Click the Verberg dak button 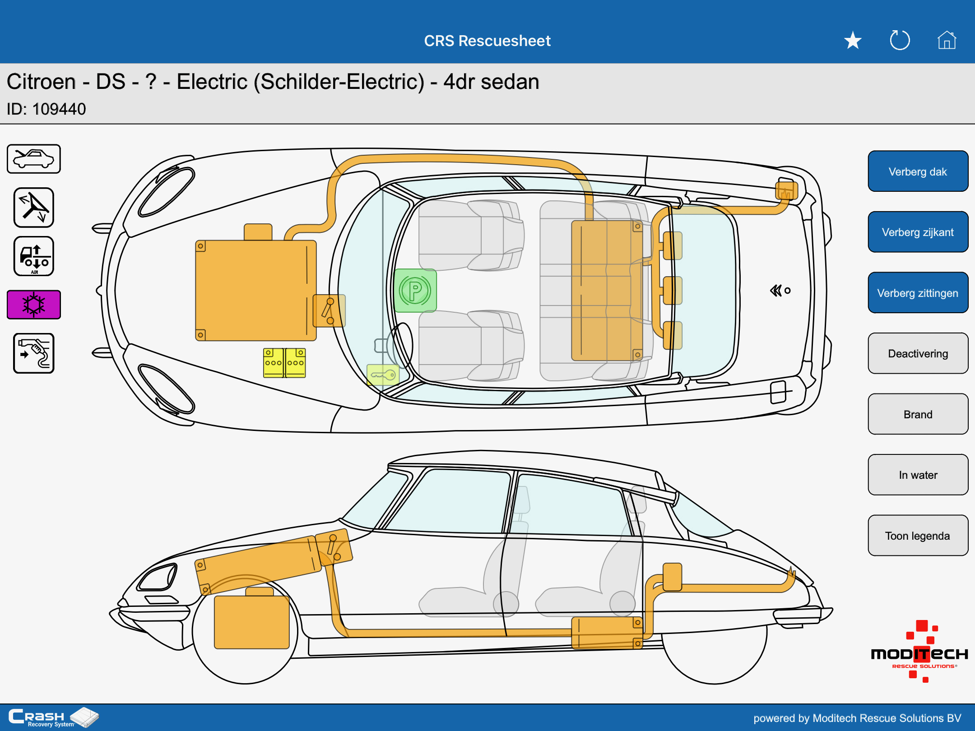pos(918,171)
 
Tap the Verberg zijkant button pos(918,232)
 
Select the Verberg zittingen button pos(918,293)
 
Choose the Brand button pos(918,414)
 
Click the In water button pos(918,475)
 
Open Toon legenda pos(918,536)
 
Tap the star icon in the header pos(853,41)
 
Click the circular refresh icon pos(900,40)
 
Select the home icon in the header pos(947,40)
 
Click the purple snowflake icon pos(34,305)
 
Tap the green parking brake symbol pos(415,291)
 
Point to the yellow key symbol pos(383,375)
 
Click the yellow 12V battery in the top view pos(284,363)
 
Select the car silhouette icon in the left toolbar pos(34,159)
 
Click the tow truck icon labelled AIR pos(34,256)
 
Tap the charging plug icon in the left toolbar pos(34,353)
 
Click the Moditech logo pos(919,652)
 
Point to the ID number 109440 pos(59,109)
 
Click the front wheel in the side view pos(245,629)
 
